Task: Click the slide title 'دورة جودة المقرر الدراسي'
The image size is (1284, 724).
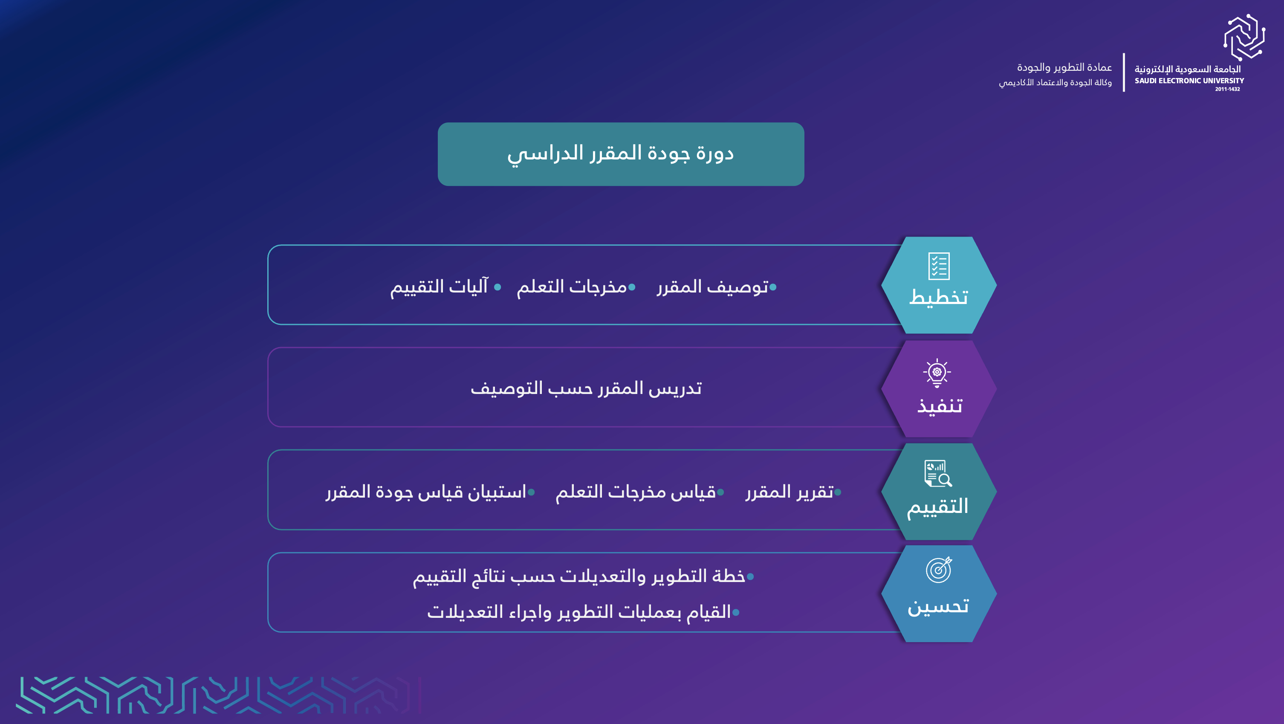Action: [x=621, y=153]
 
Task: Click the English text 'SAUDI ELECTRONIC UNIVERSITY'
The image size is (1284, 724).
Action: [x=1189, y=81]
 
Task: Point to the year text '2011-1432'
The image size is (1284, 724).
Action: [x=1227, y=89]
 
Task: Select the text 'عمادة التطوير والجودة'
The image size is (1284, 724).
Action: [x=1064, y=67]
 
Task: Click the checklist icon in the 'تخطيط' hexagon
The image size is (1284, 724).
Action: [x=939, y=266]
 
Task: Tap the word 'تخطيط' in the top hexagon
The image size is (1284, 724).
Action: [x=939, y=297]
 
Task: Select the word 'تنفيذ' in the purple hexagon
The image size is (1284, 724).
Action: [x=940, y=405]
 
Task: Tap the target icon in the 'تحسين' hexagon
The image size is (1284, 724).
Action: [x=939, y=569]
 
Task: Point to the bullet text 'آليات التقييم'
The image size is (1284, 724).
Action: [x=439, y=287]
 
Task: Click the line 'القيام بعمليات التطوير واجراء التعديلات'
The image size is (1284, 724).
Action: [x=579, y=612]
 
